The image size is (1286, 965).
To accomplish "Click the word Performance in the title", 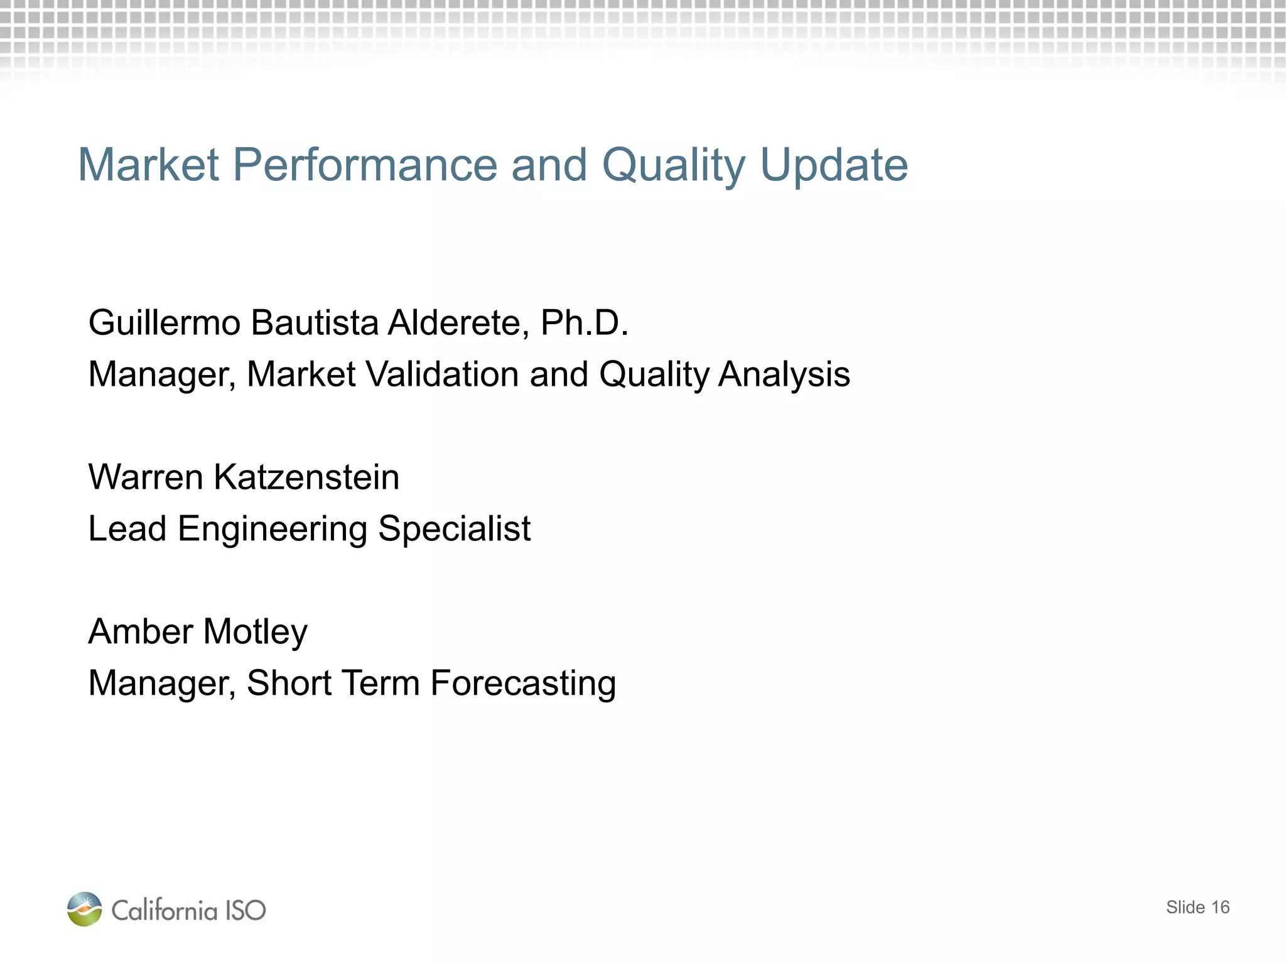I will pyautogui.click(x=365, y=165).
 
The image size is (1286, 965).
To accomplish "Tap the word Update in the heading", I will pyautogui.click(x=834, y=165).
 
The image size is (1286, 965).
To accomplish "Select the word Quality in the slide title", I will pyautogui.click(x=673, y=165).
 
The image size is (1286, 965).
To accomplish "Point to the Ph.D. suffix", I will pyautogui.click(x=585, y=323).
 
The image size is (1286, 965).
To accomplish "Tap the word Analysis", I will pyautogui.click(x=784, y=374).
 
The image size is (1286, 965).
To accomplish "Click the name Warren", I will pyautogui.click(x=146, y=477).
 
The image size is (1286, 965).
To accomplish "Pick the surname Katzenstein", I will pyautogui.click(x=306, y=477).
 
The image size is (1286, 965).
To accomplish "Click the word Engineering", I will pyautogui.click(x=273, y=529).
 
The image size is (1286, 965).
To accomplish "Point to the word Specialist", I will pyautogui.click(x=455, y=529).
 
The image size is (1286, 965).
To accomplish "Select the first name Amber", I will pyautogui.click(x=140, y=631).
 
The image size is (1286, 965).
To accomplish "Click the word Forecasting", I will pyautogui.click(x=523, y=684).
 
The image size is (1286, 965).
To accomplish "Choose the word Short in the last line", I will pyautogui.click(x=289, y=684).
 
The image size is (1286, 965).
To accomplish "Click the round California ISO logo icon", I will pyautogui.click(x=84, y=909).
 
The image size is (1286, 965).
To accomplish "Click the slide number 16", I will pyautogui.click(x=1220, y=907).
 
